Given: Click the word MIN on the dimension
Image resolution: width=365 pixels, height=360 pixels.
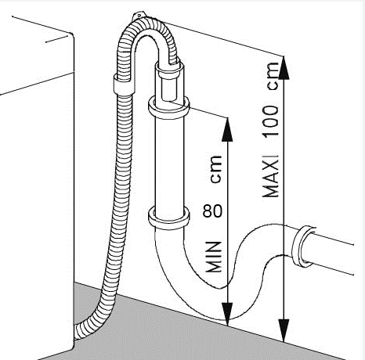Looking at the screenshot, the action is point(213,257).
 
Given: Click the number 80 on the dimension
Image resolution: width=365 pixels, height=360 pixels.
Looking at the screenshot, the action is point(212,211).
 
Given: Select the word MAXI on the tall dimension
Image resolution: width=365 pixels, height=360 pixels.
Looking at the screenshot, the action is point(271,176).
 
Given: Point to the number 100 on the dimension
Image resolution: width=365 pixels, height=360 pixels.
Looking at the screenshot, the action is point(271,121).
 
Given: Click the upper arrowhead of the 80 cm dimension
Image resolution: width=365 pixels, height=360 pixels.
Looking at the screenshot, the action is point(227,130).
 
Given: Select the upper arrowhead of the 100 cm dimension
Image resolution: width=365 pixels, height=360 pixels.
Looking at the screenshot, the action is point(284,67).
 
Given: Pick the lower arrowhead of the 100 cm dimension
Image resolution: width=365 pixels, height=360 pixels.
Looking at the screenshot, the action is point(284,330).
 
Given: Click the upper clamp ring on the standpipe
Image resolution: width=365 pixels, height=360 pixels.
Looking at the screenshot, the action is point(169,107).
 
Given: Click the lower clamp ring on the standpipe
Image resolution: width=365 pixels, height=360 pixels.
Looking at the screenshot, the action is point(169,218).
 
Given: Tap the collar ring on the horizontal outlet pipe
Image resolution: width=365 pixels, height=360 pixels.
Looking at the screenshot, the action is point(303,247).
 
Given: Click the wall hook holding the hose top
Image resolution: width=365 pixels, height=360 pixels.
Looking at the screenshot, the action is point(139,16).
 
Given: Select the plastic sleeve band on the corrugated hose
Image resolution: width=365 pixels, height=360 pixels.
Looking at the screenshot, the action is point(125,85).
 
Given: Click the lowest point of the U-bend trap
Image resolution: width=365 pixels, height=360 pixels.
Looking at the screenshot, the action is point(225,320).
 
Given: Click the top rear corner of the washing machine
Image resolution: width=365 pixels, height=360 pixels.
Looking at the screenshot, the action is point(71,34).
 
